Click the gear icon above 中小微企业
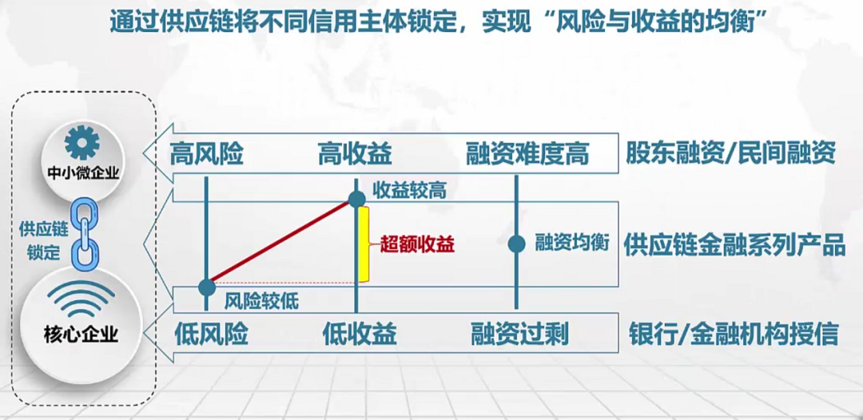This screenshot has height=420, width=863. (82, 143)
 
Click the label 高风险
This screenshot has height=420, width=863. (206, 153)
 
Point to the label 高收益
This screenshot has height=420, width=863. (355, 153)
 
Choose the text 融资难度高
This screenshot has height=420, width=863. (527, 153)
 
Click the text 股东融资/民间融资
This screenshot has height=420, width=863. (730, 153)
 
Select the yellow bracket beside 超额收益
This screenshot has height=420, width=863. (364, 244)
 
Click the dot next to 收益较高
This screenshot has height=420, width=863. (356, 200)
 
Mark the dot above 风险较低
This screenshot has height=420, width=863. (207, 284)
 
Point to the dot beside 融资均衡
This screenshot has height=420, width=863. (517, 244)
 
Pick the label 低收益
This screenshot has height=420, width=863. (360, 333)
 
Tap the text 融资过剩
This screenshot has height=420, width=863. (519, 333)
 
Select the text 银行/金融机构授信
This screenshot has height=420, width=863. (734, 333)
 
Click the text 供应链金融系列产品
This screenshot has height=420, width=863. (734, 244)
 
